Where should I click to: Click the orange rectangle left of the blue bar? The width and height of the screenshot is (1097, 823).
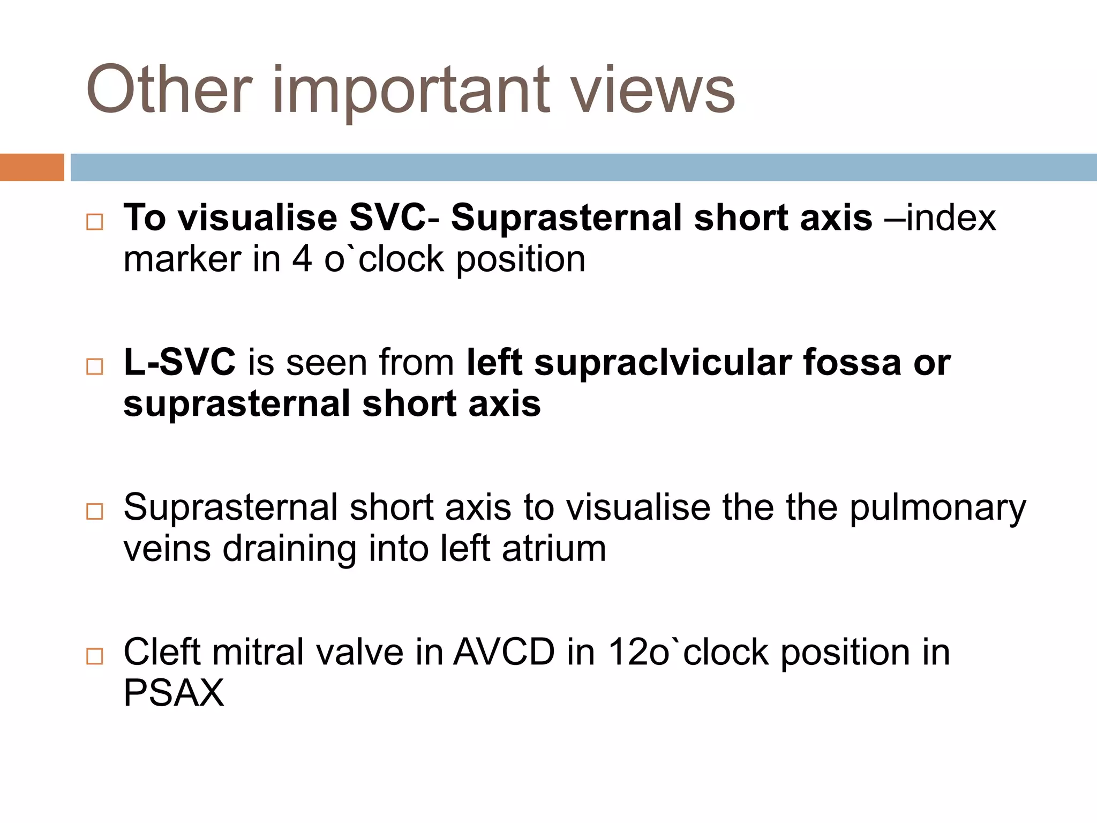[x=32, y=167]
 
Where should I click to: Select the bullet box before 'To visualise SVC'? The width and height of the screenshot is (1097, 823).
[x=94, y=222]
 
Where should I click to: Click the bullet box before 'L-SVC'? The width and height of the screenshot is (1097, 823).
[x=94, y=366]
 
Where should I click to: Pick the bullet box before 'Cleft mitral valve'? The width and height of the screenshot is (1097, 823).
[x=94, y=656]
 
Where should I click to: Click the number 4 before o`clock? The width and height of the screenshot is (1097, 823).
[x=302, y=259]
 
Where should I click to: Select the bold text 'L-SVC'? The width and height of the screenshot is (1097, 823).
[x=179, y=362]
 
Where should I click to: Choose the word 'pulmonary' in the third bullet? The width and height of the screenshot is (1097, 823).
[x=937, y=508]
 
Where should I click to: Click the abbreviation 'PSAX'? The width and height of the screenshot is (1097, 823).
[x=174, y=693]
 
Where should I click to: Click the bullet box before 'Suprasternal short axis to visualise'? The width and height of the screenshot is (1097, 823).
[x=94, y=511]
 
